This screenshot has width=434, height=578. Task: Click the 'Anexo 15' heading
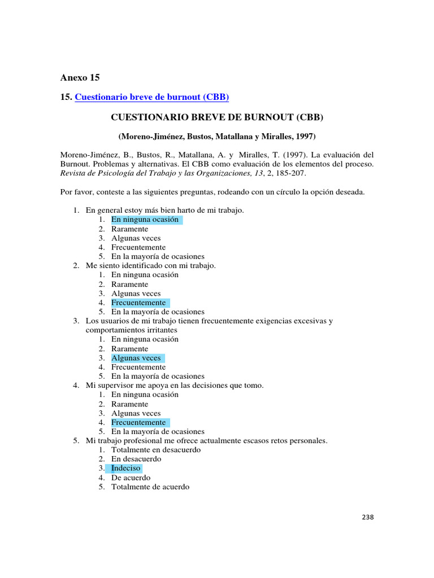click(80, 77)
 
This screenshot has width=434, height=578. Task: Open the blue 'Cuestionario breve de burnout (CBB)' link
click(151, 97)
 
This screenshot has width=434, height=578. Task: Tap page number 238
click(368, 517)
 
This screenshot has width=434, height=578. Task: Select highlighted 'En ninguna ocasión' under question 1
click(145, 220)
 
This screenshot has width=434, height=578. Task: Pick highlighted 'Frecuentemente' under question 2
click(138, 303)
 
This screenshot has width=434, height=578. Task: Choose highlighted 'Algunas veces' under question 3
click(136, 358)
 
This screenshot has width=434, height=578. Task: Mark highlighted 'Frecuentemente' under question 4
click(138, 422)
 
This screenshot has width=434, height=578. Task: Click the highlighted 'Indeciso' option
click(125, 468)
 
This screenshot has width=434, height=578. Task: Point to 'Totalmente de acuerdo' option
click(150, 487)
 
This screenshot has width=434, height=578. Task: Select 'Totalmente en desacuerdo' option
click(156, 450)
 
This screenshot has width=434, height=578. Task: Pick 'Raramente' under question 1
click(129, 229)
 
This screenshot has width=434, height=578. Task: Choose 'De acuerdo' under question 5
click(131, 478)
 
